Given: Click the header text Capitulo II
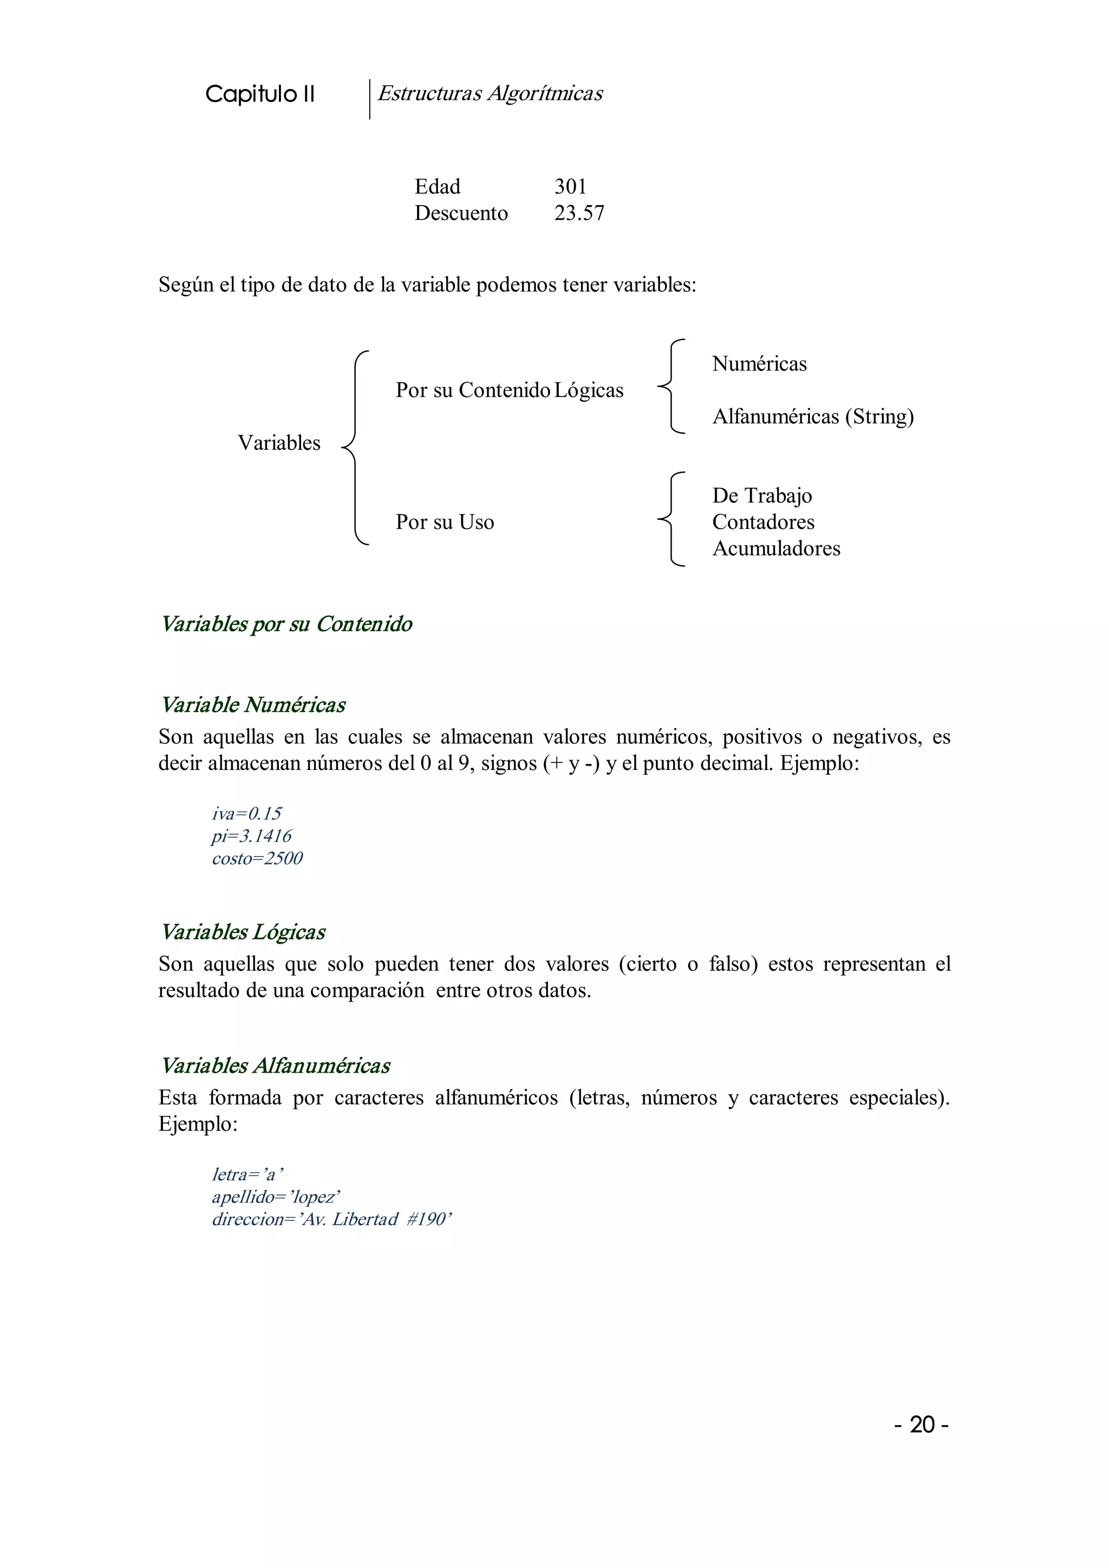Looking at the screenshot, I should pos(259,94).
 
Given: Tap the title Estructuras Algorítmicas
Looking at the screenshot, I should pos(490,94).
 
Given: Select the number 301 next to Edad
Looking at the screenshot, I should pos(570,186).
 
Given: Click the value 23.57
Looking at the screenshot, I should pos(578,213).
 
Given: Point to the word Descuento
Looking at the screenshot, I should pos(461,213).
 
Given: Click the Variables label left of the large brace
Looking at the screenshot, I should pos(279,443).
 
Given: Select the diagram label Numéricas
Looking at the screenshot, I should pos(759,364).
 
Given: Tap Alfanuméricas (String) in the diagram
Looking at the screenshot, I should pos(813,416).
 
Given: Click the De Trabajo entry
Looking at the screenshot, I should pos(761,496).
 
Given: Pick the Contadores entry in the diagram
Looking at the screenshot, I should pos(763,522).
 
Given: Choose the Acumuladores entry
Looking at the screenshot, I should pos(776,548).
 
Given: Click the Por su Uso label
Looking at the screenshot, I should pos(445,522).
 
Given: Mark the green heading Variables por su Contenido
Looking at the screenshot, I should pos(285,624).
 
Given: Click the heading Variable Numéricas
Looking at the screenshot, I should pos(253,705).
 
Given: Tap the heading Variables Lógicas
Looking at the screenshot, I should pos(243,932).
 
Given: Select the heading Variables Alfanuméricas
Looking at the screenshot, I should pos(275,1066).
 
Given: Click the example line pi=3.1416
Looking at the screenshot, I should pos(251,836).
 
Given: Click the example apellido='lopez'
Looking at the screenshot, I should pos(275,1197).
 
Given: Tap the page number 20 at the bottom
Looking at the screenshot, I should pos(921,1424).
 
